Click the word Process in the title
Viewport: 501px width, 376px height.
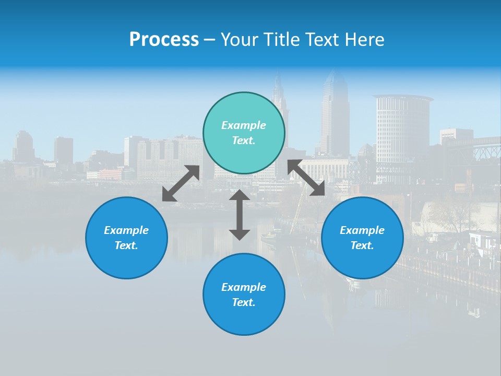click(164, 40)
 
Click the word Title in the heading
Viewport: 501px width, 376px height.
click(282, 40)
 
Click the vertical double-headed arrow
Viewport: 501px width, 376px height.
click(240, 215)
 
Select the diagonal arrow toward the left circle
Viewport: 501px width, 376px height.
click(181, 183)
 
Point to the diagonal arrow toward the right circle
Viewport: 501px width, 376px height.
click(306, 178)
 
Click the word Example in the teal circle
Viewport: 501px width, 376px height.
click(244, 125)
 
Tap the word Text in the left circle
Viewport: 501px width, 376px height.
click(126, 245)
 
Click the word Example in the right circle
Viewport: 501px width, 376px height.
click(362, 230)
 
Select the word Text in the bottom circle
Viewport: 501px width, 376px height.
click(244, 302)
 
